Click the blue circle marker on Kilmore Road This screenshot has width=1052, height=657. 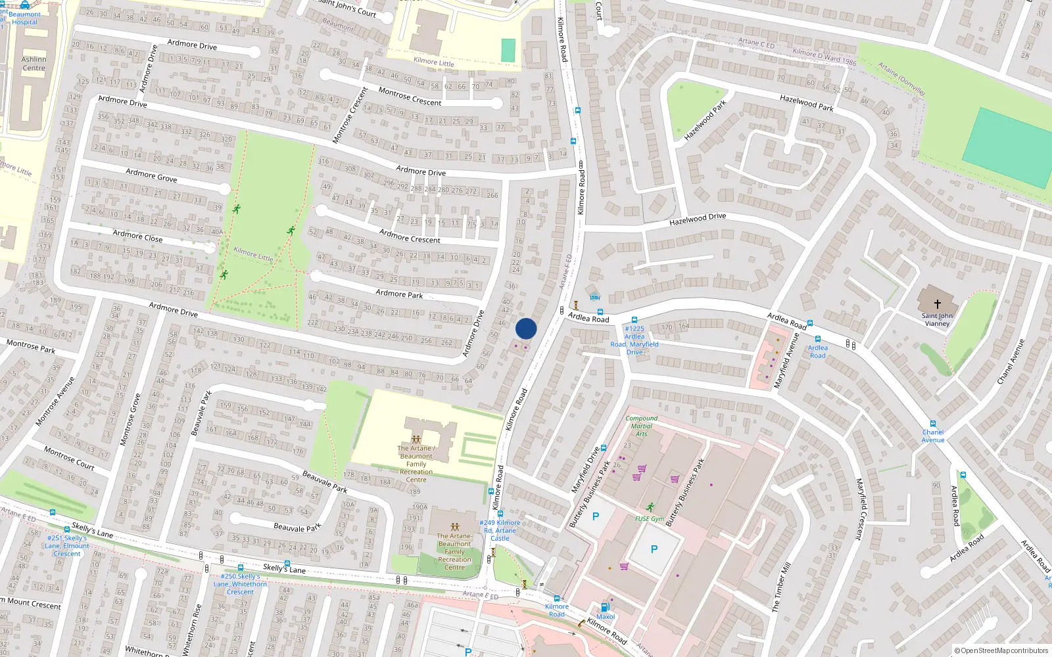coord(526,328)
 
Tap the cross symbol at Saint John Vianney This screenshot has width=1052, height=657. coord(938,304)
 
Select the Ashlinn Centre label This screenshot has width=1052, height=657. coord(34,64)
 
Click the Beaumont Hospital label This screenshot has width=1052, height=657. coord(25,18)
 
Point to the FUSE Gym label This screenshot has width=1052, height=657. coord(649,518)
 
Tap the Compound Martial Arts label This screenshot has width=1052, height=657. coord(641,426)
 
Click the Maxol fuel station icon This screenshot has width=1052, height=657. coord(605,608)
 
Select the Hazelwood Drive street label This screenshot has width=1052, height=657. coord(698,219)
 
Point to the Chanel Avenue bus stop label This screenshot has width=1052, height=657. coord(932,436)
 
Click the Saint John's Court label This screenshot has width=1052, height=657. coord(347,8)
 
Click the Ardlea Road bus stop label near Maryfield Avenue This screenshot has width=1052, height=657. coord(817,351)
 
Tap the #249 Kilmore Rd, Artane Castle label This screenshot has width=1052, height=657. coord(500,530)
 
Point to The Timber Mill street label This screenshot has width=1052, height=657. coord(781,587)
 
